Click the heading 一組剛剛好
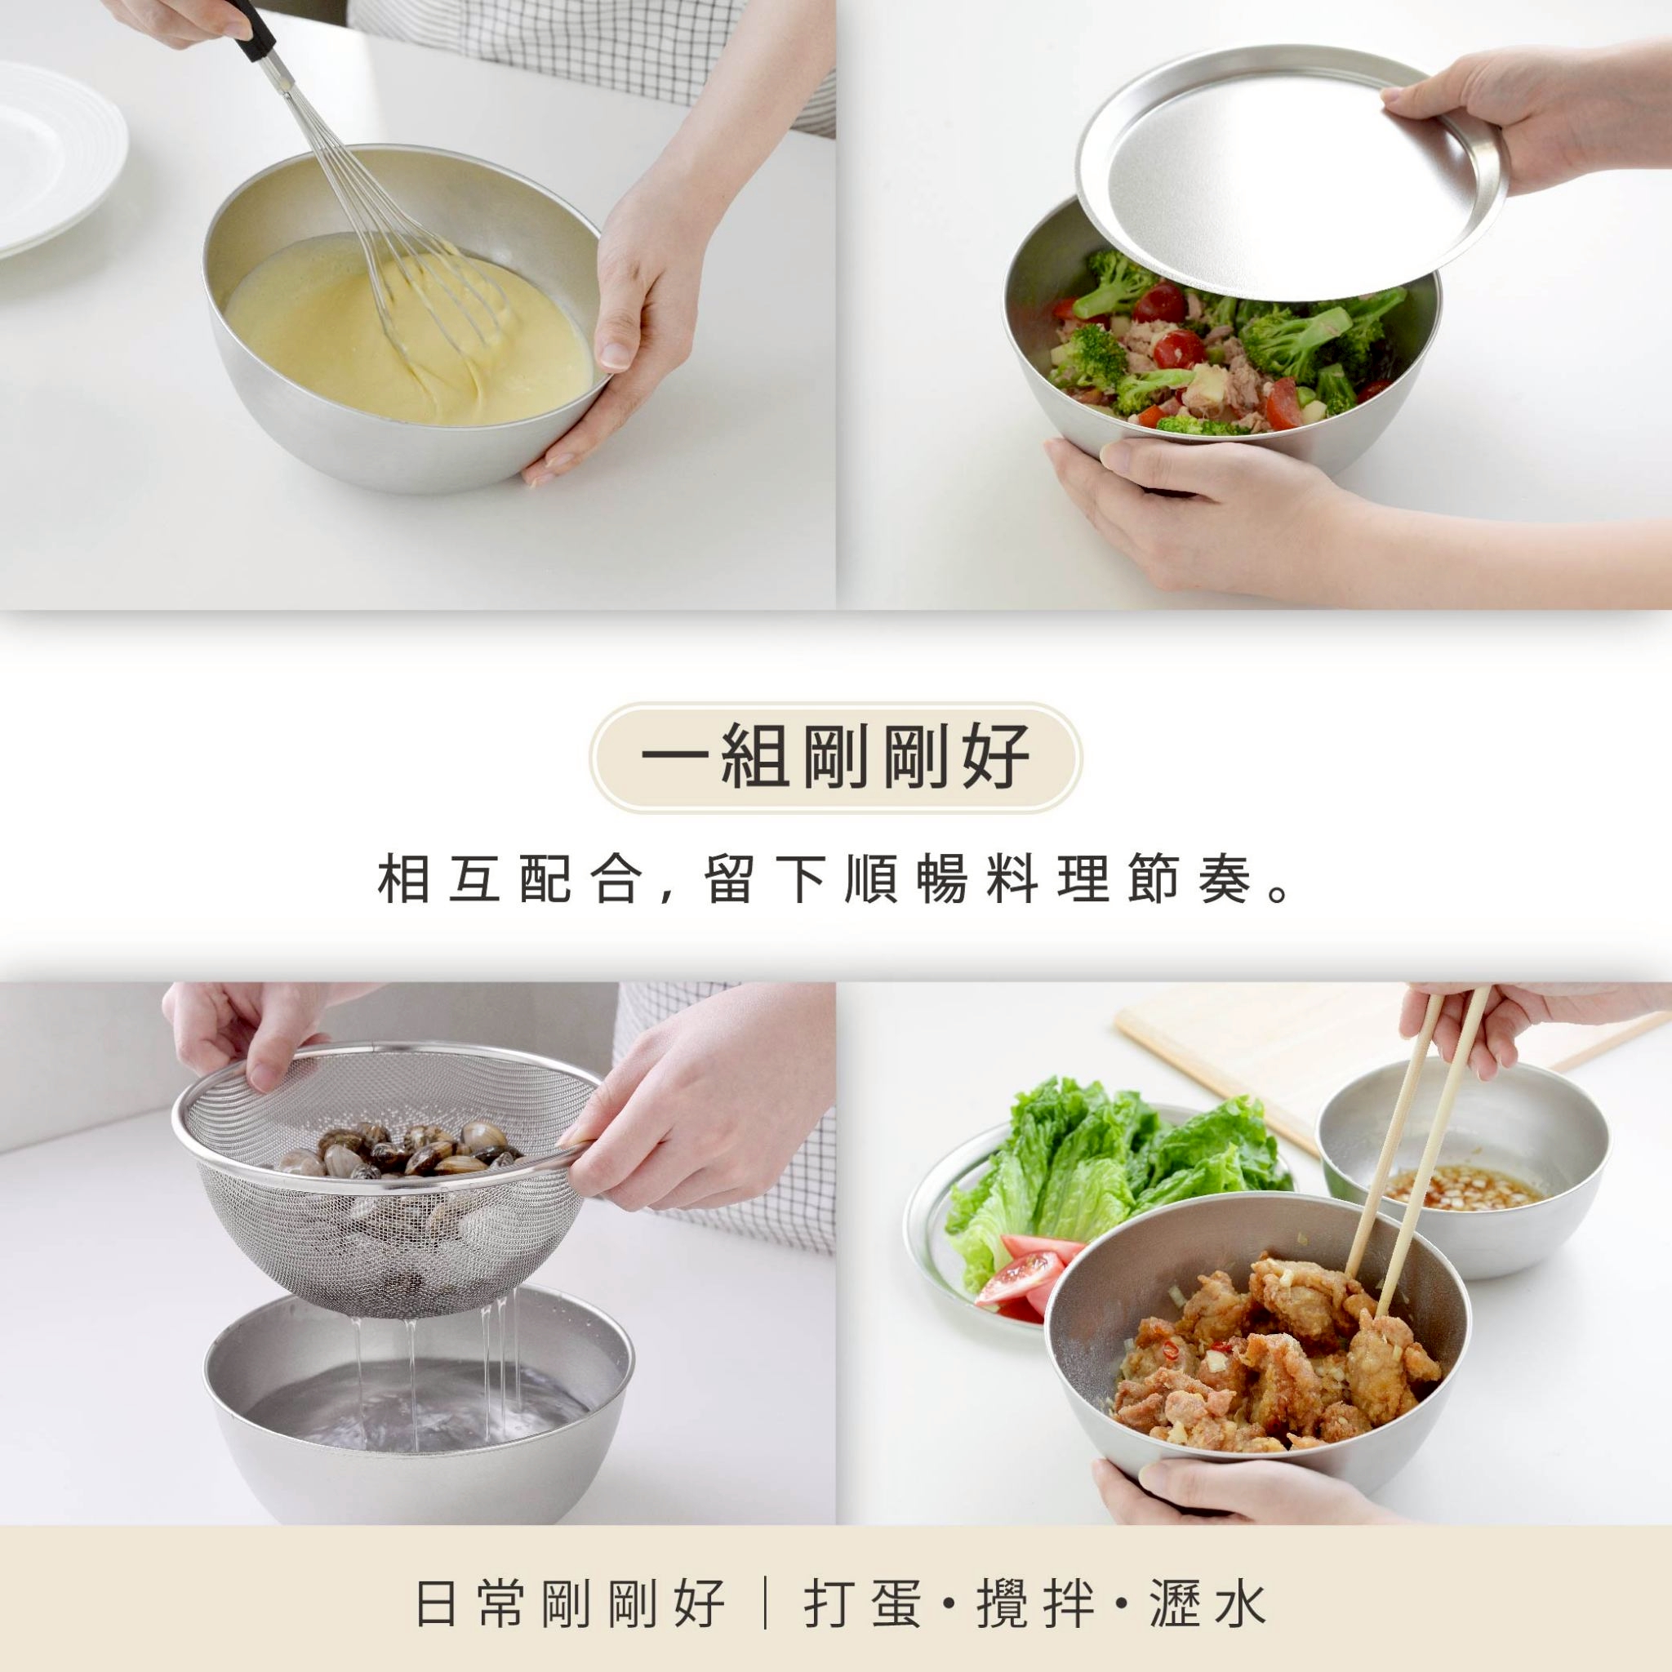[x=835, y=758]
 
